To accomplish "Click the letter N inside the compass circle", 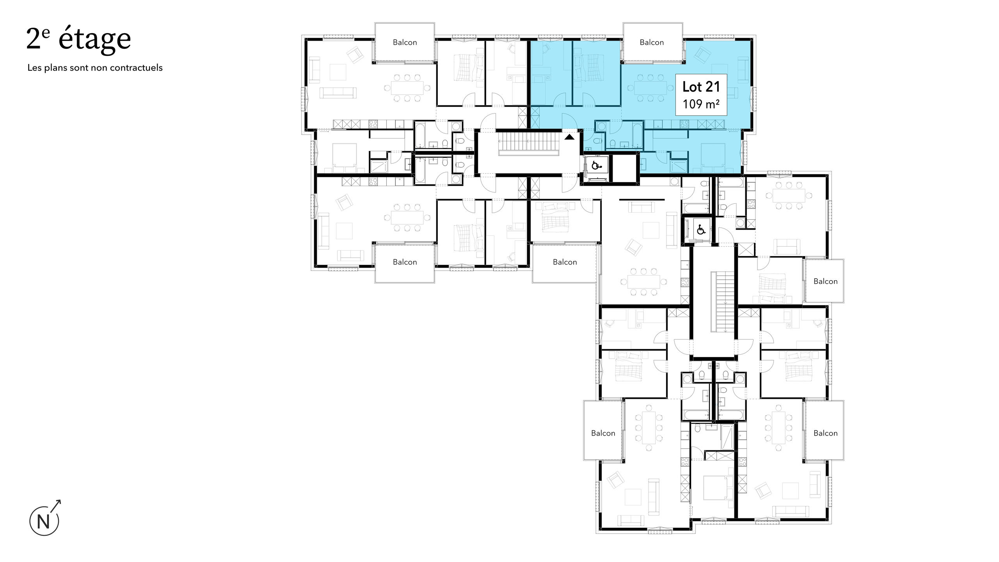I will click(x=44, y=522).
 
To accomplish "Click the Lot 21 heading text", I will click(x=701, y=87).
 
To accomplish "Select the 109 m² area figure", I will click(x=701, y=104).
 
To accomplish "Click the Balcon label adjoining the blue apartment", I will click(x=651, y=42).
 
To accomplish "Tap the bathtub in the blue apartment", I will click(x=637, y=135).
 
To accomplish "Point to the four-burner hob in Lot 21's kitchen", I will click(x=684, y=124).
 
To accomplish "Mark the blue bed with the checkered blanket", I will click(x=588, y=67).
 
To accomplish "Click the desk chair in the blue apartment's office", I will click(x=545, y=48).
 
